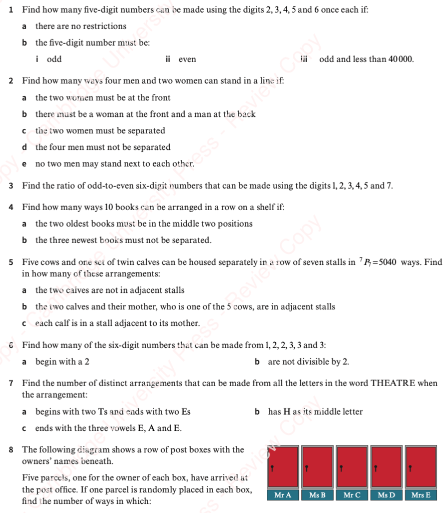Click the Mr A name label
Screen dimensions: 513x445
[x=283, y=495]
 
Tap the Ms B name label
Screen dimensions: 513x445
[x=317, y=495]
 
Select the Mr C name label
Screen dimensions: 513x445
[x=352, y=495]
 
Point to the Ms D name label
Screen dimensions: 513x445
[x=386, y=495]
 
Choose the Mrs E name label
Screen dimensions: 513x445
[x=420, y=495]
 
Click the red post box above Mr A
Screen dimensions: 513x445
[x=283, y=466]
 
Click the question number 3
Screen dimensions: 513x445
[x=11, y=186]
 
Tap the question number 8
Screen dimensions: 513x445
[x=11, y=449]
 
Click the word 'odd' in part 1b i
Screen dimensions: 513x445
[x=54, y=59]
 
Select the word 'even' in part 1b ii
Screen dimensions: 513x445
[x=187, y=59]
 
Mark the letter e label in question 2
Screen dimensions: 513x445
[x=25, y=163]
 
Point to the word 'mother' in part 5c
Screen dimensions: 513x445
[x=185, y=323]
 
